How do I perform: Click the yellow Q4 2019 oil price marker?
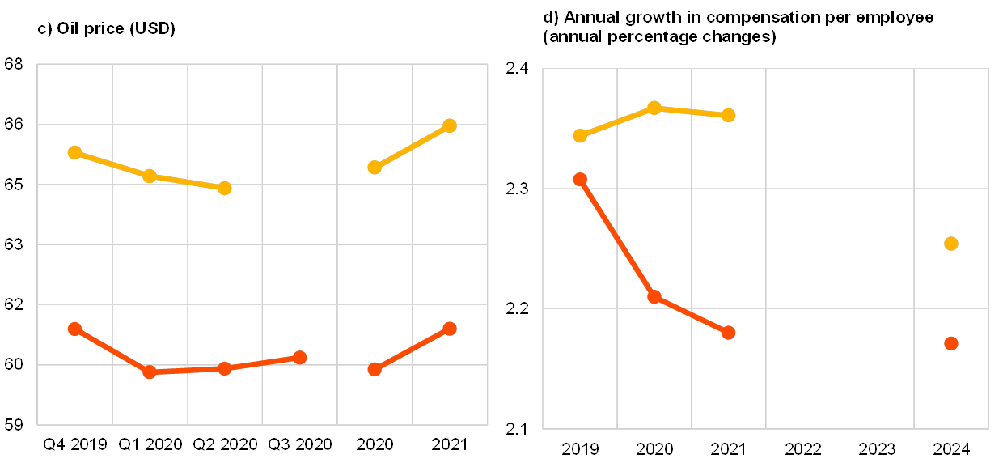(x=74, y=152)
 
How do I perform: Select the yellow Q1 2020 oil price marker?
(x=150, y=176)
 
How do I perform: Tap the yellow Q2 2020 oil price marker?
(x=225, y=188)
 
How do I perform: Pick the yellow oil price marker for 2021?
(x=450, y=125)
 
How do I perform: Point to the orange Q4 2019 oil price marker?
(x=74, y=329)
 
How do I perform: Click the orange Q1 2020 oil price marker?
(x=150, y=372)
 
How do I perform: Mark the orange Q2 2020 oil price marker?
(x=225, y=368)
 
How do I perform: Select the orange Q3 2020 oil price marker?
(x=300, y=357)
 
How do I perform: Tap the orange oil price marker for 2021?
(x=450, y=329)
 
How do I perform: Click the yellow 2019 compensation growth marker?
(x=580, y=135)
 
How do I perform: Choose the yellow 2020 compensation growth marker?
(x=654, y=108)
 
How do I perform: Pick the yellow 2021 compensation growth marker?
(x=728, y=115)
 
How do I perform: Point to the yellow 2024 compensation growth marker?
(x=951, y=244)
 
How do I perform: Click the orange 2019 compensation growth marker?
(x=580, y=180)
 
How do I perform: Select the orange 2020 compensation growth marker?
(x=654, y=297)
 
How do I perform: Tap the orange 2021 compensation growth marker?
(x=728, y=333)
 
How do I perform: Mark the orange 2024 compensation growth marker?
(x=951, y=343)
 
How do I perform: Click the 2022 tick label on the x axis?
(x=802, y=448)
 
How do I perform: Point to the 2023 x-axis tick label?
(x=877, y=448)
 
